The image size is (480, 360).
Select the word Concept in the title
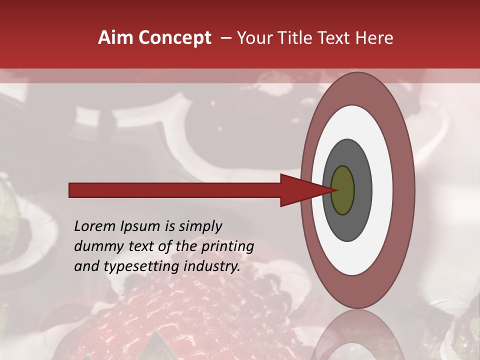point(175,38)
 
